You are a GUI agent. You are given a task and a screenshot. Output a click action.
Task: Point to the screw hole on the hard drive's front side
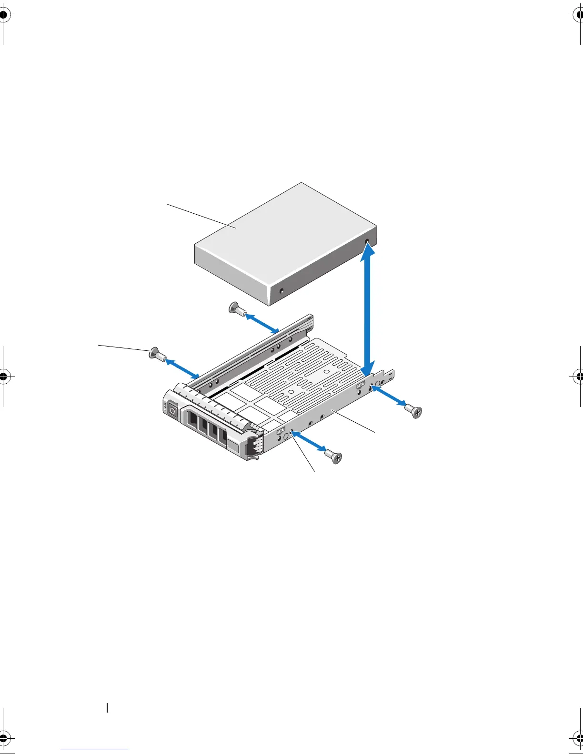(x=281, y=290)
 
